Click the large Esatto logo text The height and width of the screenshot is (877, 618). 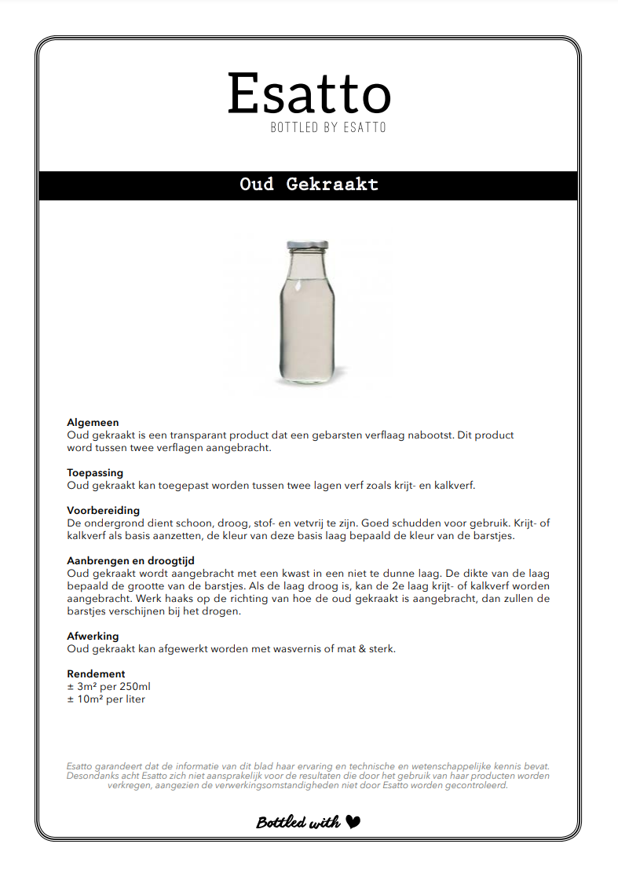309,94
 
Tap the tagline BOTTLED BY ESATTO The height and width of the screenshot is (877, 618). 328,127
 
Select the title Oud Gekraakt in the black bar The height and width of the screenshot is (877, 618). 309,185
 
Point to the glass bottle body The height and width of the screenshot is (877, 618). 308,322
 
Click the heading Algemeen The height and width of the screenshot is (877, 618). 93,423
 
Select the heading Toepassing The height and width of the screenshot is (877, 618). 95,473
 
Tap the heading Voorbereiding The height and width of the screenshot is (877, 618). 103,511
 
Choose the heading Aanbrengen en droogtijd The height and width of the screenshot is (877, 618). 131,561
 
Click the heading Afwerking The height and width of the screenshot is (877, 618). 93,636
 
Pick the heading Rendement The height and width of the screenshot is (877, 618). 96,673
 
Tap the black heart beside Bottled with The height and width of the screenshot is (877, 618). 353,822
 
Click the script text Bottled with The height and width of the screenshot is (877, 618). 298,823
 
